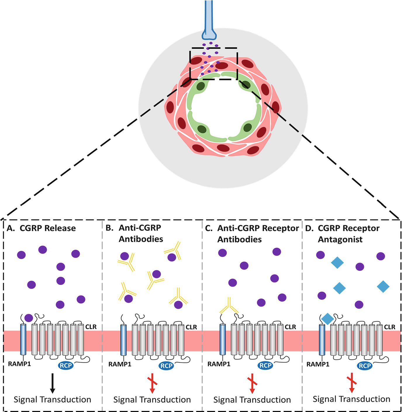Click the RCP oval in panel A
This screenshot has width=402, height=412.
coord(66,365)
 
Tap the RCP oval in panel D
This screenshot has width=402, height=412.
coord(365,366)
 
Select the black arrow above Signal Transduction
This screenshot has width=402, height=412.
coord(53,383)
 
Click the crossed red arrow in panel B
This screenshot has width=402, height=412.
coord(152,383)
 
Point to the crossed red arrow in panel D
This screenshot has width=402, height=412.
coord(352,383)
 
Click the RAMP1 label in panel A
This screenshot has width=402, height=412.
coord(19,364)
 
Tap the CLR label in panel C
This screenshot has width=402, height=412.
coord(290,327)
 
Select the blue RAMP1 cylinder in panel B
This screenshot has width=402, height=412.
coord(124,339)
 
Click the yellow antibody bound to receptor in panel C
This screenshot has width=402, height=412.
coord(229,306)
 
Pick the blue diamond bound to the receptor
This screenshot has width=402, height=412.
coord(327,319)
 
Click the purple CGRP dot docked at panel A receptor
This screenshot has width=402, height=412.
coord(29,318)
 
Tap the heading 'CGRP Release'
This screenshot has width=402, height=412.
coord(47,228)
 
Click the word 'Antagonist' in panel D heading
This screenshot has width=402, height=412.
coord(340,239)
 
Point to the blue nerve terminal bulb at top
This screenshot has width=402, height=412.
coord(209,34)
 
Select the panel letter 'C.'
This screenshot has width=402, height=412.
coord(209,228)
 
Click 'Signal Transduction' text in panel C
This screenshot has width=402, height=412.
coord(252,399)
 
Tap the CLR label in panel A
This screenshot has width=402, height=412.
coord(91,327)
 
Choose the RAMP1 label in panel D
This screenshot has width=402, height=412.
coord(318,364)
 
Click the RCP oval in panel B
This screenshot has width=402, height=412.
coord(166,366)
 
